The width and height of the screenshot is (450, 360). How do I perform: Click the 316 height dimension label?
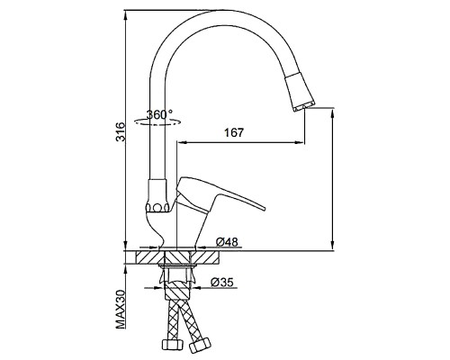click(x=120, y=131)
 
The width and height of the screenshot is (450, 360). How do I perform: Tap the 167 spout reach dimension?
click(x=234, y=132)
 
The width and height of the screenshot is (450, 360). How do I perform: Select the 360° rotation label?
click(x=159, y=114)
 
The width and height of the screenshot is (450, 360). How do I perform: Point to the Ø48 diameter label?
click(x=227, y=241)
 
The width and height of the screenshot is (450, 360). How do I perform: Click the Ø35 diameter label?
click(x=222, y=282)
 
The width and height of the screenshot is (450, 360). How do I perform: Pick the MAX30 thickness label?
click(x=121, y=309)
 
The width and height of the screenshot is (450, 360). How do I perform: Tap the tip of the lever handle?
click(x=264, y=208)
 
